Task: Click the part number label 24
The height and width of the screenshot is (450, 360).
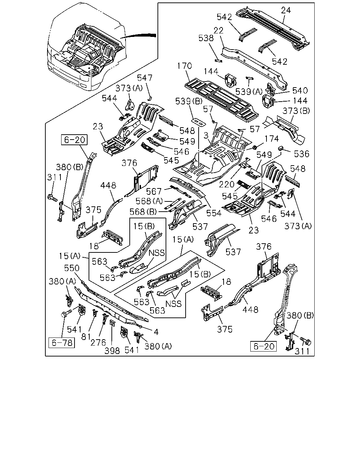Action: click(286, 10)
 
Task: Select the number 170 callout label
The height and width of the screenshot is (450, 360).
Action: click(185, 66)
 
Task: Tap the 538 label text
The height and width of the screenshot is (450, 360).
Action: click(206, 38)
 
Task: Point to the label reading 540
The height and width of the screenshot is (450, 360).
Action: click(300, 91)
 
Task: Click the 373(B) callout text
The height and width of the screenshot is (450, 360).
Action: click(296, 111)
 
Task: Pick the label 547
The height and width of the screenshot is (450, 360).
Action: click(144, 78)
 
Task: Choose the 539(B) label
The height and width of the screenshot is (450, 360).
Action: click(189, 101)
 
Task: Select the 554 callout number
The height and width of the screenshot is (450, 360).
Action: click(214, 213)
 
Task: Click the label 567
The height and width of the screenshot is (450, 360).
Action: click(154, 191)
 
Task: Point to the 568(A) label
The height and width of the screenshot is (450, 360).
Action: click(149, 201)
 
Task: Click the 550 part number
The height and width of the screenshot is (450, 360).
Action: click(72, 268)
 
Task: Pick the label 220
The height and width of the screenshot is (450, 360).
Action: click(226, 184)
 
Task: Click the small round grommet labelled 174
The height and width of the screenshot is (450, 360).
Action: click(255, 147)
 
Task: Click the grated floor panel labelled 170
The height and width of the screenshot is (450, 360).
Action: click(222, 100)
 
